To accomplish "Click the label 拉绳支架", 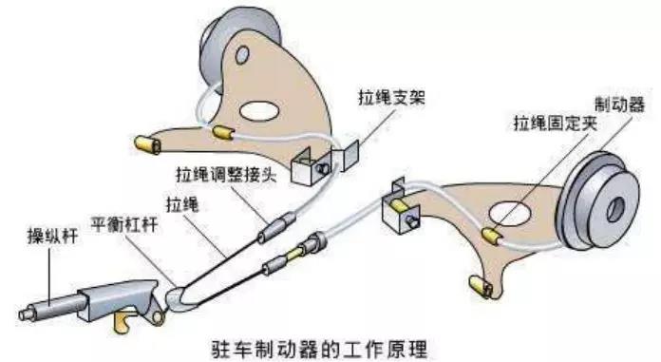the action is click(x=391, y=98).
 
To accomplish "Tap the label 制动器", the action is click(x=619, y=105).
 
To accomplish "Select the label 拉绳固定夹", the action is click(x=556, y=124).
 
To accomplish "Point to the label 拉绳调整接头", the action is click(x=226, y=174).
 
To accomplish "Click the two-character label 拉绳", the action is click(x=182, y=204).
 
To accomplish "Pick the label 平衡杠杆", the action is click(x=124, y=224).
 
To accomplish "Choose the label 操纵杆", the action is click(x=52, y=236).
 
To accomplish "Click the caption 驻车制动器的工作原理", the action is click(x=319, y=349).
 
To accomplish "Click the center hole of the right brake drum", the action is click(x=615, y=210).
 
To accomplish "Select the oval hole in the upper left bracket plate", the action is click(x=259, y=111).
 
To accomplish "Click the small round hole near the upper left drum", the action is click(x=242, y=55).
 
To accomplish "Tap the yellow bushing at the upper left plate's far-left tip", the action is click(x=147, y=144).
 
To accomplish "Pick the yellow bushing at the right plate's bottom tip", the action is click(x=481, y=287).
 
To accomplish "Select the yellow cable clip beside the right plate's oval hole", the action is click(x=492, y=237).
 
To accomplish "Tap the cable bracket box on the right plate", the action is click(x=401, y=210).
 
